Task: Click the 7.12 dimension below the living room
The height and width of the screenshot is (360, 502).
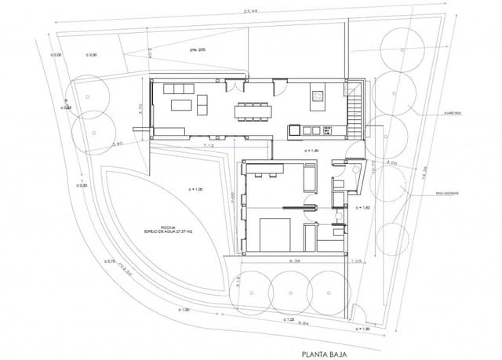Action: coord(208,147)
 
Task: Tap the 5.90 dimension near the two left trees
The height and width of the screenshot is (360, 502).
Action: coord(118,144)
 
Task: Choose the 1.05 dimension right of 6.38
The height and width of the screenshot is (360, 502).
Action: coord(356,261)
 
